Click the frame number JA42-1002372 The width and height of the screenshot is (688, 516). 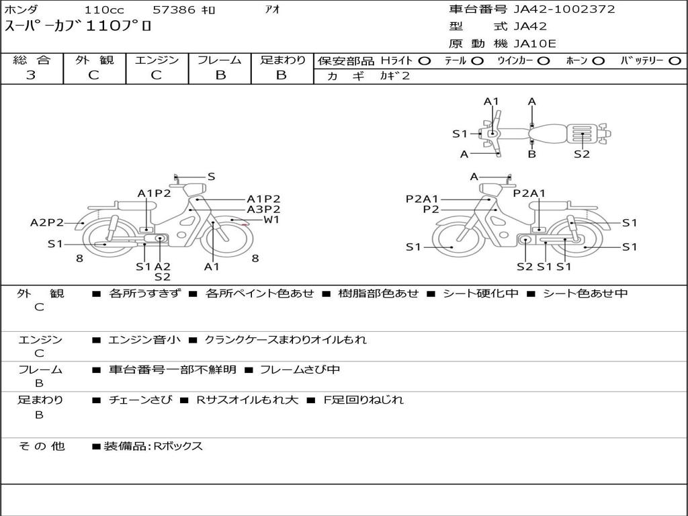[564, 9]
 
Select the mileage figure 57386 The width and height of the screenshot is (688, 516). [173, 9]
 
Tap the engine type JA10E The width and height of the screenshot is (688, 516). [534, 44]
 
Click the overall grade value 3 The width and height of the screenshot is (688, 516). [31, 75]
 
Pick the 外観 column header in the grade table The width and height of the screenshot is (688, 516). [94, 60]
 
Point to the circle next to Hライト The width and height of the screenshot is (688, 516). [425, 61]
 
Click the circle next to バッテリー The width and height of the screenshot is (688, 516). [675, 61]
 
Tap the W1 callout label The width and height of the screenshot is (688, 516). [271, 220]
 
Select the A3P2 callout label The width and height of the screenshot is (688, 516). [263, 210]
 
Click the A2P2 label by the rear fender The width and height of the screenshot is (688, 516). [46, 222]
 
